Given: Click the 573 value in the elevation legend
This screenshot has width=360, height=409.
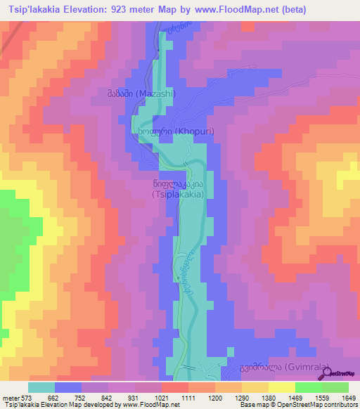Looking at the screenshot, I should pyautogui.click(x=27, y=398).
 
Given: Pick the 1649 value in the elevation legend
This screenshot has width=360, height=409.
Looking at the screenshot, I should pyautogui.click(x=349, y=398).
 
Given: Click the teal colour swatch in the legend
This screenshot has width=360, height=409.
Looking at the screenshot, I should pyautogui.click(x=41, y=387).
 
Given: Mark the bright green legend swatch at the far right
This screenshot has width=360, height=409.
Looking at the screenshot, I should pyautogui.click(x=335, y=387).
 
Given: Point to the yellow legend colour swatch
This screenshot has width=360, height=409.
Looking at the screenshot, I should pyautogui.click(x=282, y=387).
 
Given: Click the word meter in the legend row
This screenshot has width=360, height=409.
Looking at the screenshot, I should pyautogui.click(x=11, y=398).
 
